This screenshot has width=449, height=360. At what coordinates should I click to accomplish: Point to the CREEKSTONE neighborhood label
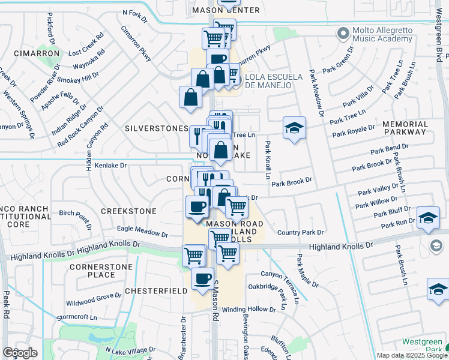128,211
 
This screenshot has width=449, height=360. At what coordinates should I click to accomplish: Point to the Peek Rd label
6,305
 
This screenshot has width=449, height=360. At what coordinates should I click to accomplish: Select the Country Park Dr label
300,232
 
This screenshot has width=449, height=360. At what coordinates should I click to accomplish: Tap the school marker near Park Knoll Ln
294,128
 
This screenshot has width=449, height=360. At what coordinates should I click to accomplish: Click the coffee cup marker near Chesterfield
202,278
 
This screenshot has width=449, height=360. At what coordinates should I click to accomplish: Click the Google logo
20,353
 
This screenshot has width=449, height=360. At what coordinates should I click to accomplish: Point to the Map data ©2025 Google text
411,355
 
